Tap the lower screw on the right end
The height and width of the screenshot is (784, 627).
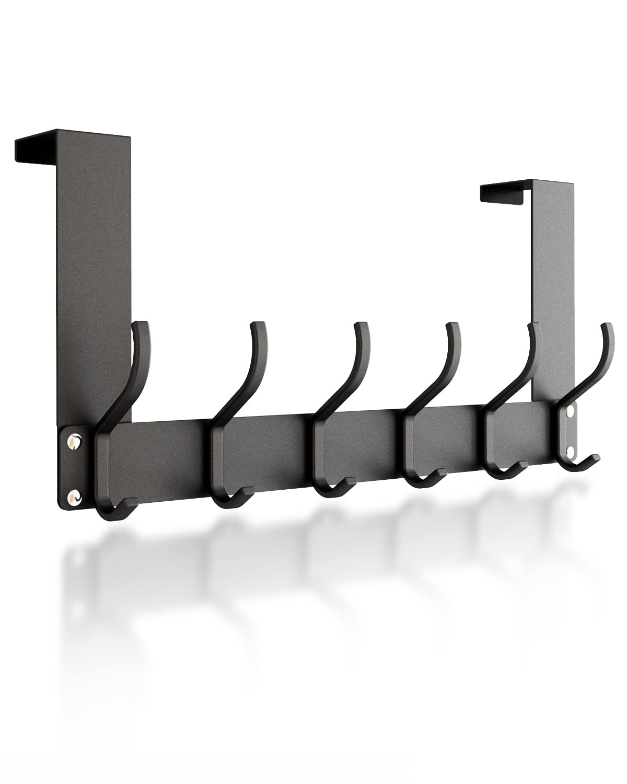pyautogui.click(x=570, y=451)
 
